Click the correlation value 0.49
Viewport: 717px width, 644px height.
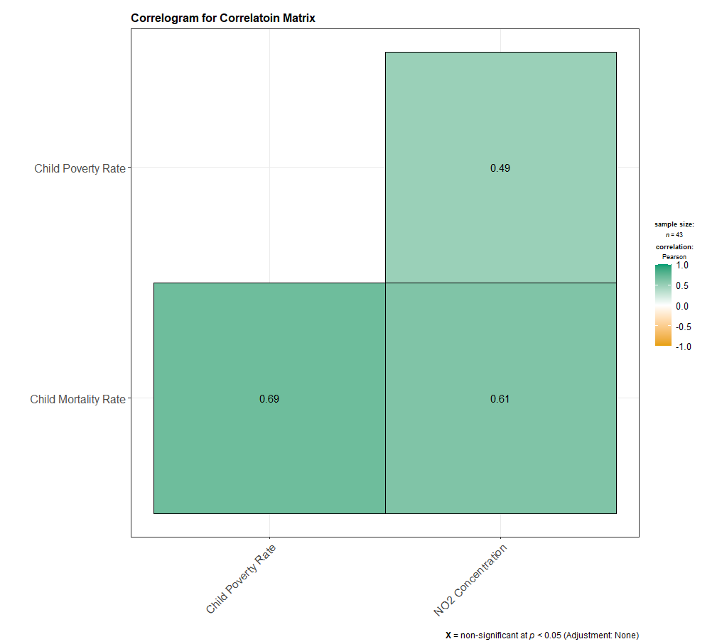tap(500, 168)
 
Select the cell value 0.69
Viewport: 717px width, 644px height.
tap(269, 399)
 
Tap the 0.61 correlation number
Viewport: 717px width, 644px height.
tap(500, 399)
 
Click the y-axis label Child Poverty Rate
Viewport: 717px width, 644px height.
tap(80, 168)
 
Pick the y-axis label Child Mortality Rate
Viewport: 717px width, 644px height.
tap(77, 399)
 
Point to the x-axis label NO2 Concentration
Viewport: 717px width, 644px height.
tap(470, 580)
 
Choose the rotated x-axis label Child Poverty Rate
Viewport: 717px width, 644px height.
tap(241, 579)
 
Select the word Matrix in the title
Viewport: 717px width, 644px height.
tap(298, 18)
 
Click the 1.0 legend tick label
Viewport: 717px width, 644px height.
tap(681, 265)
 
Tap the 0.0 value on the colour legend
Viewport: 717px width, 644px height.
tap(681, 306)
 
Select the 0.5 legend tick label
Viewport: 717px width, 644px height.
tap(681, 285)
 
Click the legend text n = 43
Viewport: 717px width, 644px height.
tap(674, 234)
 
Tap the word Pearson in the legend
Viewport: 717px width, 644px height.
tap(674, 256)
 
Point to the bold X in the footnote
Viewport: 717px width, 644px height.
tap(448, 635)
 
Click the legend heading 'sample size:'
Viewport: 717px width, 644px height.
tap(674, 224)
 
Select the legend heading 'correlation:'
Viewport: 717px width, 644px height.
tap(674, 247)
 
